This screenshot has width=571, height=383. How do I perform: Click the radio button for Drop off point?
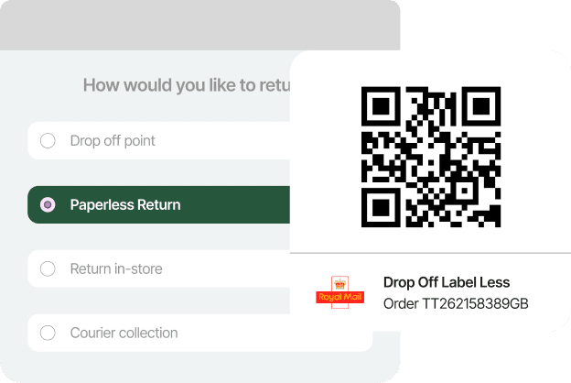[x=48, y=141]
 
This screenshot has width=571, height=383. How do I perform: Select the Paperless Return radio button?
[x=48, y=205]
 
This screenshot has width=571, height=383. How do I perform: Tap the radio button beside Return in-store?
[x=48, y=269]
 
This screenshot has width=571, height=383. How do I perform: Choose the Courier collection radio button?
[x=48, y=334]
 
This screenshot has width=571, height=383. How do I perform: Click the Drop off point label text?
[x=113, y=141]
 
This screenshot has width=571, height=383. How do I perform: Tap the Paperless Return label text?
[x=125, y=205]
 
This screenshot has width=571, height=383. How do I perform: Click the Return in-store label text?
[x=116, y=269]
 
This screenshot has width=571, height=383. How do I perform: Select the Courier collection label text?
[x=124, y=334]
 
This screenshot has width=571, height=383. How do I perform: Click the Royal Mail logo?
[x=339, y=293]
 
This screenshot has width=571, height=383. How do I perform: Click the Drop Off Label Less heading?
[x=447, y=282]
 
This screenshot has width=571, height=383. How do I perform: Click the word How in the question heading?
[x=99, y=86]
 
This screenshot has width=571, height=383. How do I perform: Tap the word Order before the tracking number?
[x=401, y=304]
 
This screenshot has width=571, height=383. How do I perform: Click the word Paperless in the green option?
[x=100, y=205]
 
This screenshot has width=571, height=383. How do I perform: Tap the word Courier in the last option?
[x=94, y=334]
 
